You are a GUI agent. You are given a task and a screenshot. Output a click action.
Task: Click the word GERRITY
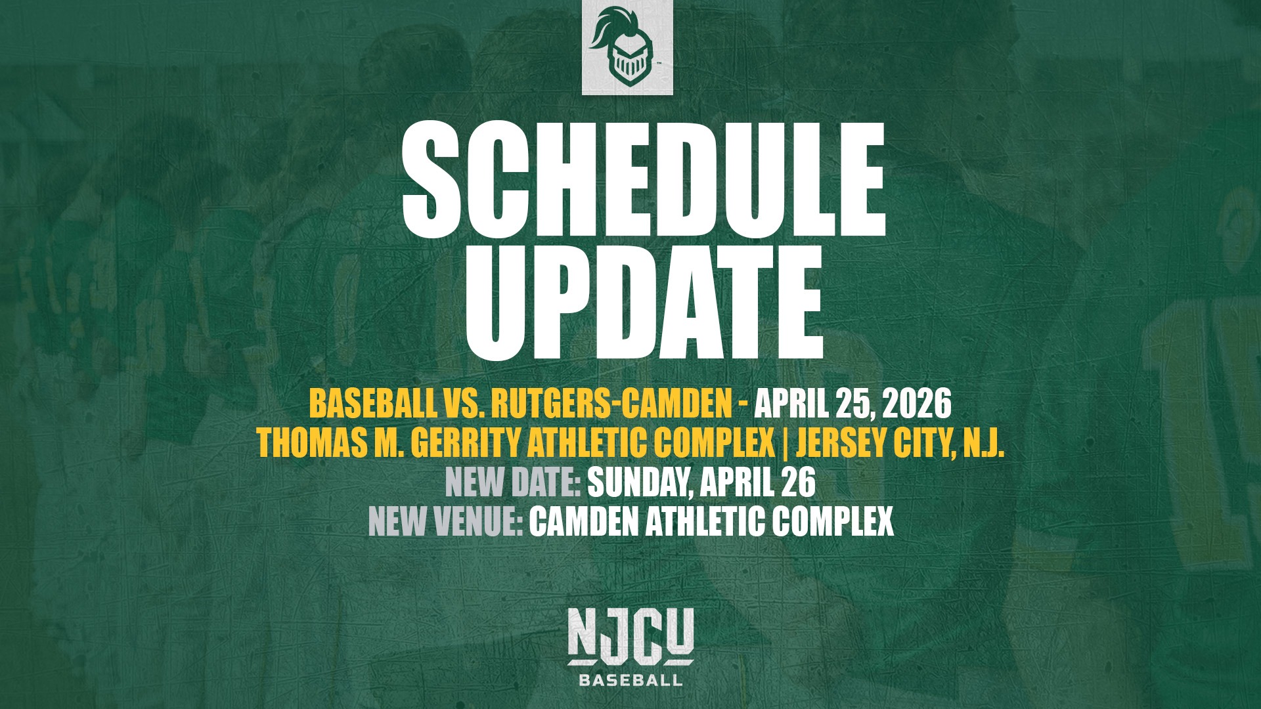point(467,444)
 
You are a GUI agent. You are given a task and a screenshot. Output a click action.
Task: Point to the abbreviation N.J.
point(983,444)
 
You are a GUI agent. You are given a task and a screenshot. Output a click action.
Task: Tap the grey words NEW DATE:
point(513,483)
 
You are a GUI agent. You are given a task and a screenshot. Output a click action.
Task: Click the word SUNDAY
point(640,483)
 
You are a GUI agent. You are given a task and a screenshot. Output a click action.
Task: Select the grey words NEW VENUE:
point(445,522)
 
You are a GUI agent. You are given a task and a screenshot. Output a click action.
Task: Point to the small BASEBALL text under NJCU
point(630,680)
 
